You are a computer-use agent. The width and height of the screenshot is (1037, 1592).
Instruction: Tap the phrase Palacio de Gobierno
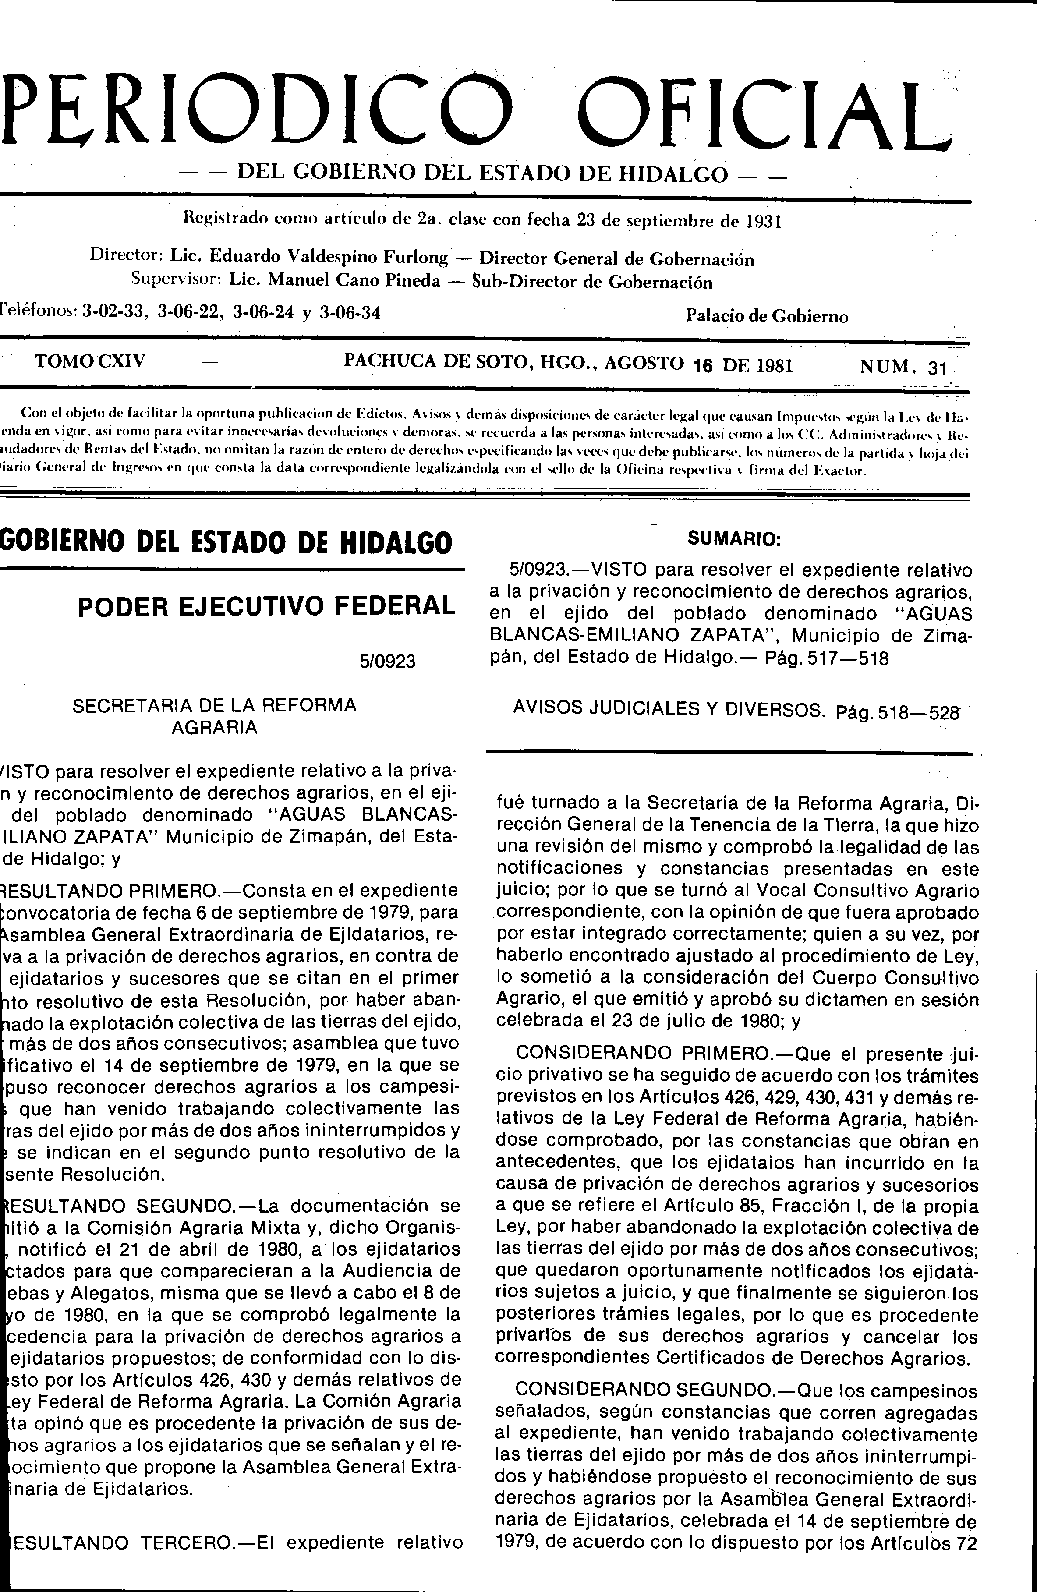767,316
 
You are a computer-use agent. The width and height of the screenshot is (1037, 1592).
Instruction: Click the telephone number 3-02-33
114,312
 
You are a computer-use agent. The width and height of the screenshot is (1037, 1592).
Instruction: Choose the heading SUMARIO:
734,541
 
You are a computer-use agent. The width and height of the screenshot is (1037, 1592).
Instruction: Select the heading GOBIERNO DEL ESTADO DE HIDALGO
226,542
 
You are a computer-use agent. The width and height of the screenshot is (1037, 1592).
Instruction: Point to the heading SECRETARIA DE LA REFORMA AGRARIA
214,716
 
